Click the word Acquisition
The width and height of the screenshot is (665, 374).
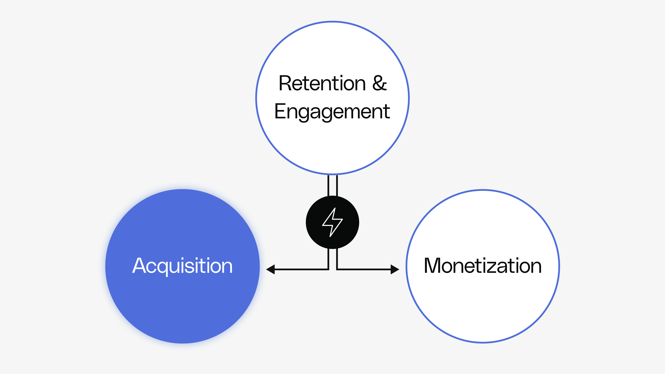click(183, 266)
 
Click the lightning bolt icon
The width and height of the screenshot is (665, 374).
click(332, 222)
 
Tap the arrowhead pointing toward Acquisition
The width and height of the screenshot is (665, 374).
click(271, 269)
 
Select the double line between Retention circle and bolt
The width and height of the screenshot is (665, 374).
click(332, 185)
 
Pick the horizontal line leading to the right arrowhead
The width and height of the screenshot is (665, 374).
click(364, 269)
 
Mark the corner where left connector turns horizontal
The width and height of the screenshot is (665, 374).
click(328, 269)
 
